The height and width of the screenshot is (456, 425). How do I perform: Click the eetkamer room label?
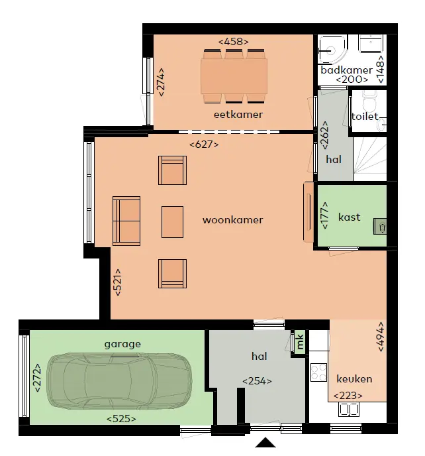(x=238, y=115)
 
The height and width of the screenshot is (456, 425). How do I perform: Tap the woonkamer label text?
(x=232, y=220)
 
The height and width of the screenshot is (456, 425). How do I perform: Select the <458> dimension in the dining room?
(x=234, y=42)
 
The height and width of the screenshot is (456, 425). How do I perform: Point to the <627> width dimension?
(x=204, y=144)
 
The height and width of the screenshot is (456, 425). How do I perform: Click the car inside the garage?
(x=119, y=380)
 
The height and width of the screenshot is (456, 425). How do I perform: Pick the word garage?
(x=122, y=345)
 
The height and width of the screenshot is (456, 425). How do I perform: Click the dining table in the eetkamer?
(x=234, y=76)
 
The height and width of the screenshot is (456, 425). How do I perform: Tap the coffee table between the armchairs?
(x=172, y=222)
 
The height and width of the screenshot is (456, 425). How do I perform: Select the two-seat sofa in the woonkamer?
(x=126, y=221)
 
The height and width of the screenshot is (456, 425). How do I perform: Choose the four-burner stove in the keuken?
(x=318, y=372)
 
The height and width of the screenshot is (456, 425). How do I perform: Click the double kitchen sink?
(x=349, y=410)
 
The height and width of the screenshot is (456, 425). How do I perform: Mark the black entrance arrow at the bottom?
(x=265, y=442)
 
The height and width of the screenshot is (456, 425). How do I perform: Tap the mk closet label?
(x=300, y=342)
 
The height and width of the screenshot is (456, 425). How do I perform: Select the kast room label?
(x=349, y=217)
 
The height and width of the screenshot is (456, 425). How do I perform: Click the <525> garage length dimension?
(x=121, y=419)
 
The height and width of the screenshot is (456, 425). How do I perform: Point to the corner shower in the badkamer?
(x=332, y=50)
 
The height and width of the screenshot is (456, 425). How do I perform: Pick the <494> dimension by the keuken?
(x=381, y=337)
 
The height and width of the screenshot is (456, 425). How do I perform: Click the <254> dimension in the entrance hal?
(x=257, y=381)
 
